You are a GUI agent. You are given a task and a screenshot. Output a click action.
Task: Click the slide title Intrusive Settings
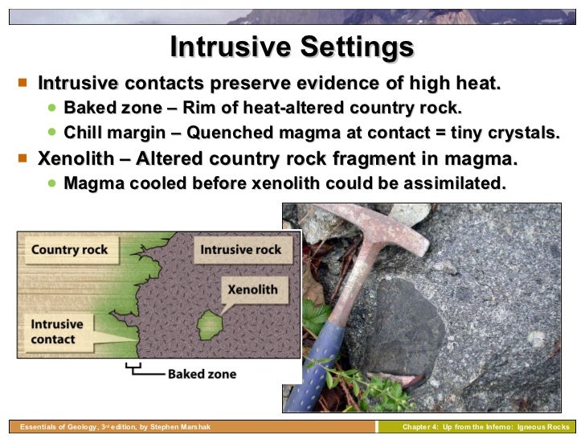point(292,47)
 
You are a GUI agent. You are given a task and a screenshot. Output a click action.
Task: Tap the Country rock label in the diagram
point(69,249)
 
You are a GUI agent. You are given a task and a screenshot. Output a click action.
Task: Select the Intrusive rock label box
point(240,249)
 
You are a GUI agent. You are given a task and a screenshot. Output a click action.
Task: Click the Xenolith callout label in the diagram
point(252,289)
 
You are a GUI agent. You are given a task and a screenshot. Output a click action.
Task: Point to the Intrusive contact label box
point(56,331)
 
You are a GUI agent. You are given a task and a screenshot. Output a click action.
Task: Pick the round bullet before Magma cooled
point(52,183)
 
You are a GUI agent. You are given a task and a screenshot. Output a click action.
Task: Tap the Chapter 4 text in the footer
point(423,427)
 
